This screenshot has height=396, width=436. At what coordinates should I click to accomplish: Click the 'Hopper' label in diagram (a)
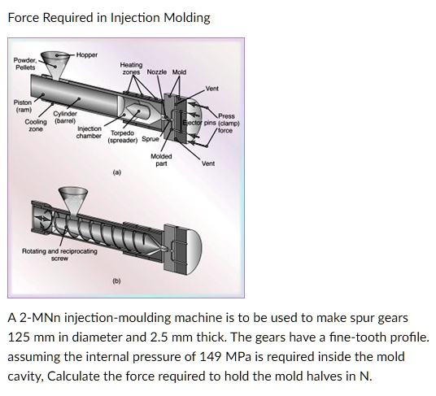(86, 54)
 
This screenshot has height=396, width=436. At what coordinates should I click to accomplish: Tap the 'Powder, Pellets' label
(24, 63)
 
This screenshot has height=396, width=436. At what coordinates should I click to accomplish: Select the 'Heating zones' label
(131, 68)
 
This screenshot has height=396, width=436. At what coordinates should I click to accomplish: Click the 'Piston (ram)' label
(23, 106)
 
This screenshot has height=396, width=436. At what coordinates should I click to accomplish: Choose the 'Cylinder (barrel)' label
(65, 117)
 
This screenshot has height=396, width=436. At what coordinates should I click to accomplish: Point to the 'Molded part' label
(160, 159)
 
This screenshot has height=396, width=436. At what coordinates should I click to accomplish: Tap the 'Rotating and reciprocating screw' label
(59, 254)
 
